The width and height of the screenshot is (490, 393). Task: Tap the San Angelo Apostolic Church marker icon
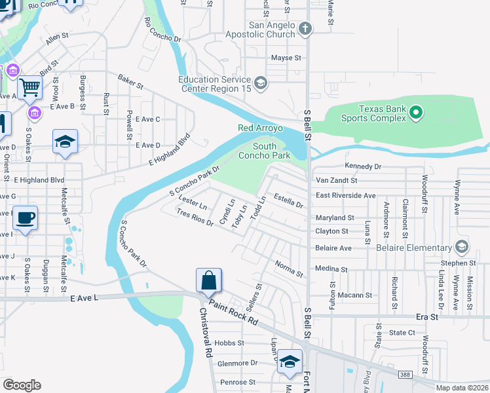click(x=305, y=28)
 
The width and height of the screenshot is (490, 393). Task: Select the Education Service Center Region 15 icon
click(x=261, y=82)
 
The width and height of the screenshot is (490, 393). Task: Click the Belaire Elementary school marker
click(x=462, y=248)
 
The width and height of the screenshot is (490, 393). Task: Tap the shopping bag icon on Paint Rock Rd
click(x=208, y=280)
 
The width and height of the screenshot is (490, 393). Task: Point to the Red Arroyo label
click(x=260, y=128)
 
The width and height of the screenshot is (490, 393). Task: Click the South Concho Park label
click(x=273, y=151)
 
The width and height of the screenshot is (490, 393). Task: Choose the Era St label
click(x=426, y=316)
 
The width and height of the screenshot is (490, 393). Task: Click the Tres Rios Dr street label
click(x=195, y=217)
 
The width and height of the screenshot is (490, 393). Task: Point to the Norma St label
click(x=289, y=269)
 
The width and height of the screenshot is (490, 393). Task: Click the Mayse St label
click(x=286, y=58)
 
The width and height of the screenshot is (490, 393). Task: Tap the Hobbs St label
click(x=230, y=343)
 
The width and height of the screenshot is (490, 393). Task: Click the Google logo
click(x=22, y=385)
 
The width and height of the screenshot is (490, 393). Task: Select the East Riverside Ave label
click(x=345, y=195)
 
